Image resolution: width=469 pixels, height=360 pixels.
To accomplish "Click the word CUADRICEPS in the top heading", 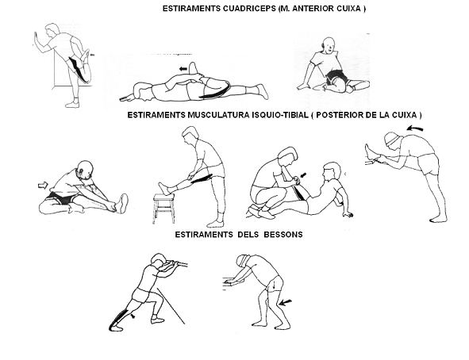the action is (x=249, y=9).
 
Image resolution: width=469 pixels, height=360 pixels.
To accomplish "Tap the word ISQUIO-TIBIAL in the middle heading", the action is (x=279, y=115).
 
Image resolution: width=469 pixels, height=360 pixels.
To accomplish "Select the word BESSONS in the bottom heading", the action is (x=283, y=235).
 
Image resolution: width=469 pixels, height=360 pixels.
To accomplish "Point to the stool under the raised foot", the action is (x=163, y=209).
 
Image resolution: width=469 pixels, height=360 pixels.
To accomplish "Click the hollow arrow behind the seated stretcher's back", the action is (x=43, y=186).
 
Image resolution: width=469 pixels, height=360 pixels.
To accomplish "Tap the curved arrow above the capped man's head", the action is (x=415, y=128).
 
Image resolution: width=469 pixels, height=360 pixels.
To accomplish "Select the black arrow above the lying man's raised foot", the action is (x=183, y=69).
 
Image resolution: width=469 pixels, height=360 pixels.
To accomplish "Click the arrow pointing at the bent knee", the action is (x=286, y=303).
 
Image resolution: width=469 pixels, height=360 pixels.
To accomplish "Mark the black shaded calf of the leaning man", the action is (x=118, y=319).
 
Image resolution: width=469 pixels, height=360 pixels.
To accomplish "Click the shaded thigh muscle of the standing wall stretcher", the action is (x=79, y=70).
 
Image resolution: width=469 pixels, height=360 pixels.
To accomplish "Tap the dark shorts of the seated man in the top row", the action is (x=336, y=76).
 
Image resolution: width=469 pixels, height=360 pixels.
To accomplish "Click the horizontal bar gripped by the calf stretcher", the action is (x=175, y=263).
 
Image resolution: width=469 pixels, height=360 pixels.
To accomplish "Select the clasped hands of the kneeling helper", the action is (x=296, y=179).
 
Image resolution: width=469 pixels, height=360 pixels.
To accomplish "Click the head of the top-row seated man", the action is (x=328, y=45).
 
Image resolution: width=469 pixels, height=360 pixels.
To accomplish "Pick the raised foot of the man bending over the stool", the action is (x=165, y=188).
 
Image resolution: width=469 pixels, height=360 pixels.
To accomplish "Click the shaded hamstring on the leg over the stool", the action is (x=201, y=178).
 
